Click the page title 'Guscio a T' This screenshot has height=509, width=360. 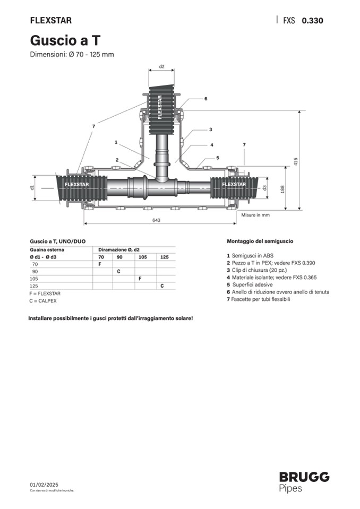[x=65, y=40]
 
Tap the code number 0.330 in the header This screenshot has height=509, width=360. [x=312, y=21]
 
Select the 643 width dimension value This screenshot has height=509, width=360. [x=157, y=220]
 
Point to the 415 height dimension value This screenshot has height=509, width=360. [x=296, y=162]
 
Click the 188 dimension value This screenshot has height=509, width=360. [x=282, y=189]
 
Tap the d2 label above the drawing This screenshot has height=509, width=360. [x=161, y=66]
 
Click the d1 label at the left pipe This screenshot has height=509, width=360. [x=32, y=188]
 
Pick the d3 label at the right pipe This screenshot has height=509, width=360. [x=265, y=188]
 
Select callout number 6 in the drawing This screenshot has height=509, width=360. [x=206, y=99]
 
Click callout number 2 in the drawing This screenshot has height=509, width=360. [x=117, y=160]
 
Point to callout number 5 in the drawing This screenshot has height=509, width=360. [x=218, y=158]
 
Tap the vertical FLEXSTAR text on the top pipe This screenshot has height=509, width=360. [x=159, y=107]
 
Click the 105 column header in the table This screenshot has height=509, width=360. [x=143, y=257]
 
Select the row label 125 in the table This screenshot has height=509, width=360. [x=34, y=286]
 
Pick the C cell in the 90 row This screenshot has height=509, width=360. [x=118, y=271]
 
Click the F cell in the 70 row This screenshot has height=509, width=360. [x=100, y=264]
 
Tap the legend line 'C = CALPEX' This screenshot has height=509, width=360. [x=43, y=301]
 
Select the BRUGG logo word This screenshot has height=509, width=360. [x=304, y=477]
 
